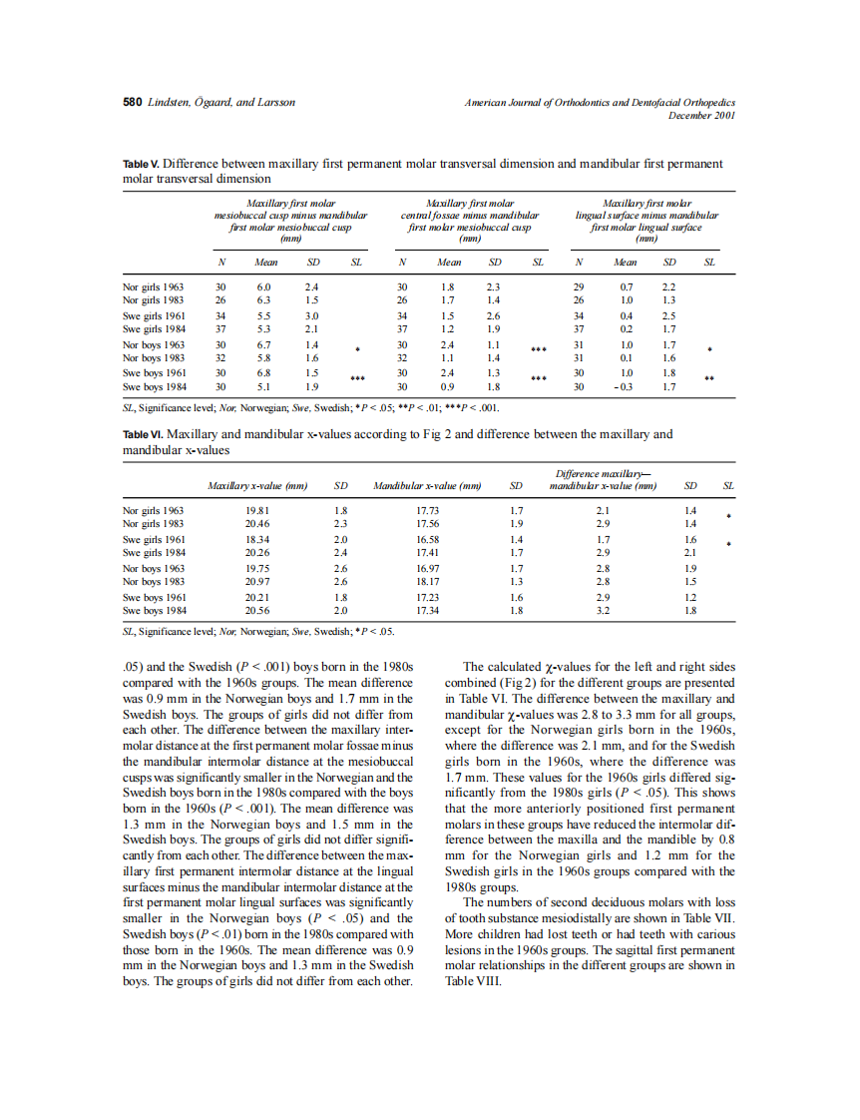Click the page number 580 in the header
[x=132, y=102]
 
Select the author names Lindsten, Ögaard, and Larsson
[x=220, y=102]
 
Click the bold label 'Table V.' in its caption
[x=141, y=164]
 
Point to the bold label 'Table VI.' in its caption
[x=143, y=434]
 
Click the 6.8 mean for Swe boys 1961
[x=264, y=372]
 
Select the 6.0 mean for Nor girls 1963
[x=264, y=286]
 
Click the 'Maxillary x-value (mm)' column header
[x=256, y=486]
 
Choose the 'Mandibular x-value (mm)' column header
[x=427, y=486]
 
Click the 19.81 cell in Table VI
[x=256, y=510]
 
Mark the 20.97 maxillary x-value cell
[x=256, y=581]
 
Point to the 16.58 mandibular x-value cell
[x=427, y=538]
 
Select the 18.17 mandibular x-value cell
[x=427, y=581]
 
